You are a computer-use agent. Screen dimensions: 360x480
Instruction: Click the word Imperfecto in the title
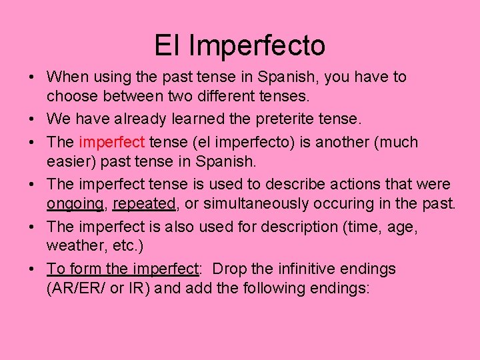coord(257,45)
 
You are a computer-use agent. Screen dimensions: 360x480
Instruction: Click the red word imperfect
coord(111,142)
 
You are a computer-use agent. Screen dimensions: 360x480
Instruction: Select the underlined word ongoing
coord(75,203)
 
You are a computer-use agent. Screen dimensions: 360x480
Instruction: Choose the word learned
coord(191,119)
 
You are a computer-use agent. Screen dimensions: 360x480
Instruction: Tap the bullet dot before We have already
coord(32,119)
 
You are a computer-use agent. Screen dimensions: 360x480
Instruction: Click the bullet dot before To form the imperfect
coord(32,270)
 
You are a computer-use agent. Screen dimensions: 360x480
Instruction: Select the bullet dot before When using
coord(32,77)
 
